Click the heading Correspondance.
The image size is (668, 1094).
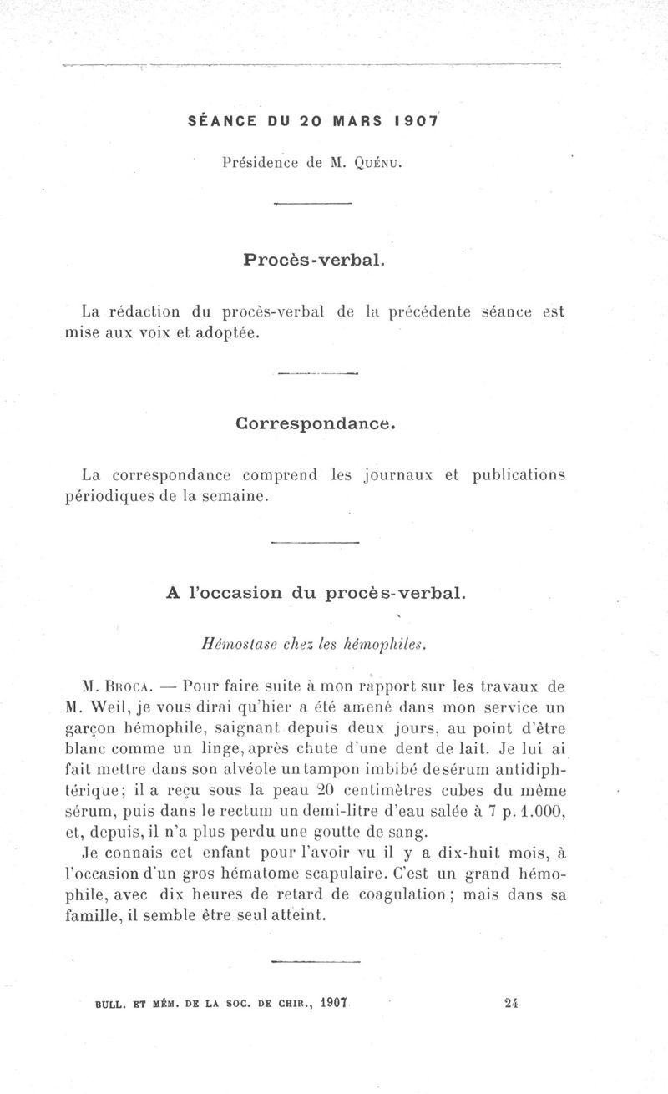[x=314, y=423]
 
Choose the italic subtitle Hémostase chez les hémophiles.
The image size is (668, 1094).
[x=314, y=644]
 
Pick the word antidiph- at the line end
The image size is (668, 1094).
[x=519, y=768]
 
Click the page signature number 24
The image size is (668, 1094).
[x=512, y=1004]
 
